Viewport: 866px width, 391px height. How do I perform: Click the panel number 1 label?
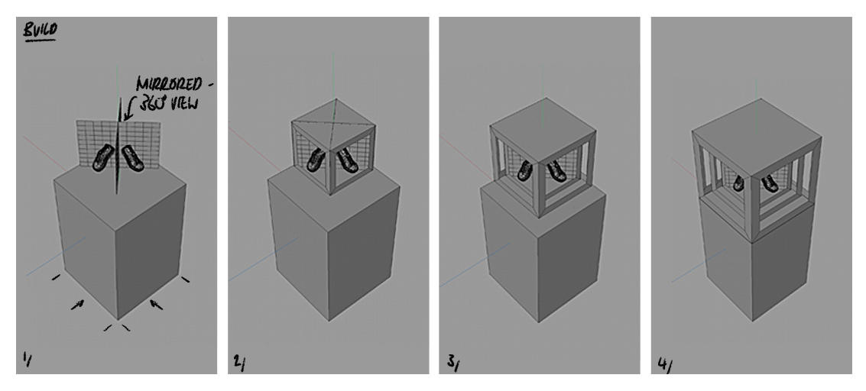pyautogui.click(x=28, y=357)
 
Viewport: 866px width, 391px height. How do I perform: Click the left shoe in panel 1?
pyautogui.click(x=102, y=159)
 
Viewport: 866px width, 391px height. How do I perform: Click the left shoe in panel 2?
pyautogui.click(x=314, y=160)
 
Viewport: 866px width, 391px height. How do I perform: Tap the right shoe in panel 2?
pyautogui.click(x=347, y=160)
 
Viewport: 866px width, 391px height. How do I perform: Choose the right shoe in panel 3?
pyautogui.click(x=556, y=171)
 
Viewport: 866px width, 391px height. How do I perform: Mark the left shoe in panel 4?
pyautogui.click(x=739, y=183)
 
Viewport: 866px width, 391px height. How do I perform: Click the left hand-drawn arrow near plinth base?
pyautogui.click(x=77, y=305)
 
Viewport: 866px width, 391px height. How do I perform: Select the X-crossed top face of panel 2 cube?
pyautogui.click(x=333, y=121)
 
